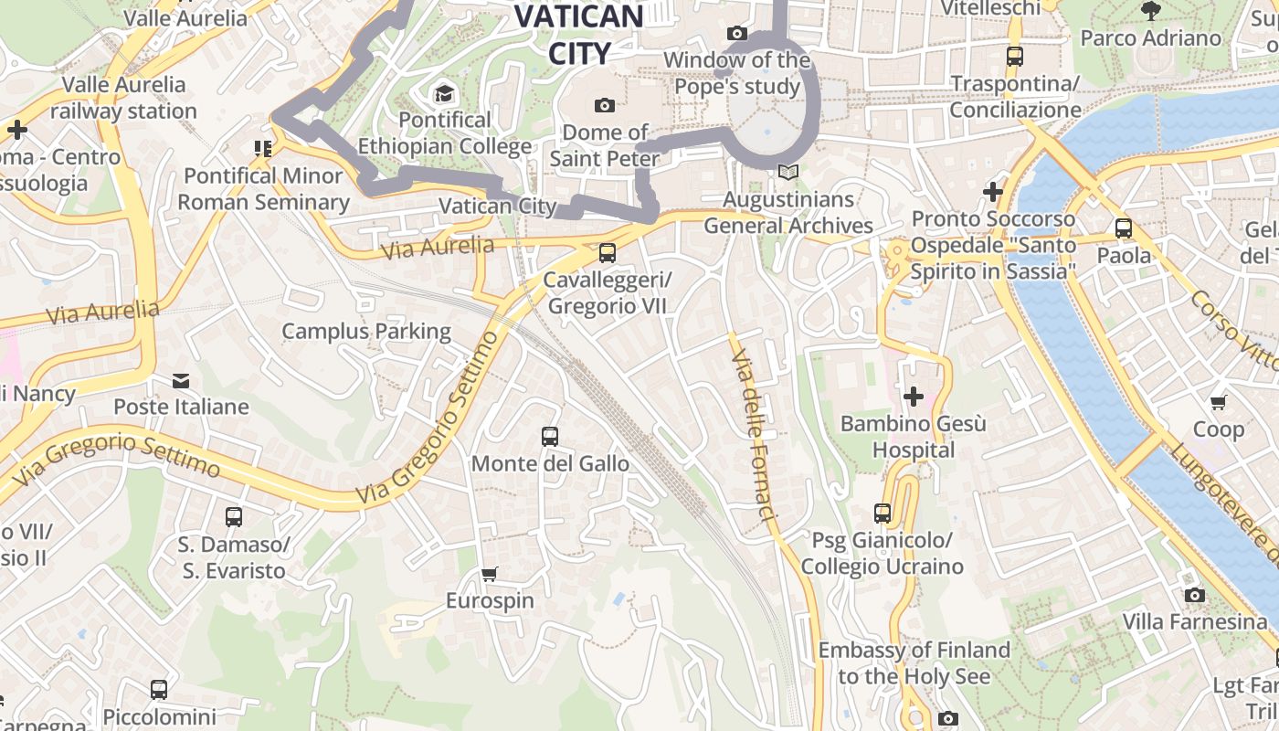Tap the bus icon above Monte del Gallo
point(549,437)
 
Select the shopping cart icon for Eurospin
point(490,574)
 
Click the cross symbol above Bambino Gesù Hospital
point(913,397)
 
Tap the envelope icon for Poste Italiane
point(181,380)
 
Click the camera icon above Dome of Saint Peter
point(604,106)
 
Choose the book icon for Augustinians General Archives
point(787,172)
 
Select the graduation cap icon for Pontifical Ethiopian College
point(444,93)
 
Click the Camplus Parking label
point(365,331)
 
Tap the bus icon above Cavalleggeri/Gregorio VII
point(607,253)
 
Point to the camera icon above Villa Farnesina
point(1194,596)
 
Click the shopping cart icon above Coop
point(1218,402)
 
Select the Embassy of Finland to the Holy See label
point(914,663)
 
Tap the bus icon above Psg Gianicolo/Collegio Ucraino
point(882,514)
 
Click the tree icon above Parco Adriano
point(1150,11)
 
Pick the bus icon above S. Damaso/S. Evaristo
point(234,517)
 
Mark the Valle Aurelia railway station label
point(123,98)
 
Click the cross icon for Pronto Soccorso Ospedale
point(992,192)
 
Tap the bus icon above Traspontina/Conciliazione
point(1014,57)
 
